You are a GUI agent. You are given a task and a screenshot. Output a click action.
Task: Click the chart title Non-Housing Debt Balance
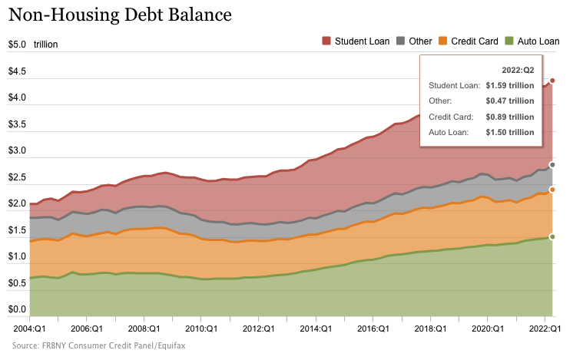tap(120, 15)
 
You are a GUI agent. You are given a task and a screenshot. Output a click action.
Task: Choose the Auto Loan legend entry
tap(532, 41)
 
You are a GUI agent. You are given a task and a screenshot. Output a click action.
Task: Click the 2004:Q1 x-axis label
tap(28, 329)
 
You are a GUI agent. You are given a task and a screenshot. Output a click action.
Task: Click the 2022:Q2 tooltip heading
tap(517, 70)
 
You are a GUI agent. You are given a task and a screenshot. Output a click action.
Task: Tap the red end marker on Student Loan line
tap(552, 81)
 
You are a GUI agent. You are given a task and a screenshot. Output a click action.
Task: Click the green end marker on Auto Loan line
tap(552, 236)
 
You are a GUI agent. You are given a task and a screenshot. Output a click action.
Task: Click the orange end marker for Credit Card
tap(552, 189)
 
